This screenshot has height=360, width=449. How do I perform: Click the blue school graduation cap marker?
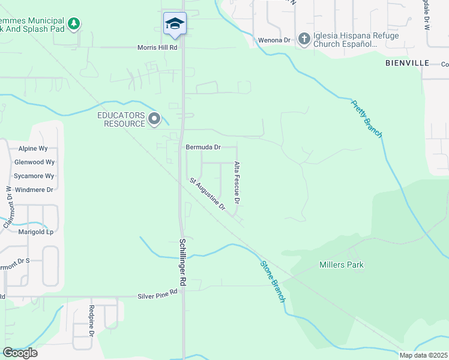coord(175,23)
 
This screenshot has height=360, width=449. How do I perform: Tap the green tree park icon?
coord(74,24)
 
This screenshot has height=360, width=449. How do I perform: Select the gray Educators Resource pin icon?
coord(154,119)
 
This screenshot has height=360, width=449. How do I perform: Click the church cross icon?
coord(304,40)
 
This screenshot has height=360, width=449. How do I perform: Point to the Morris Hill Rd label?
coord(158,47)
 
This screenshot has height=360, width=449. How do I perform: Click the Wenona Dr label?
coord(274,40)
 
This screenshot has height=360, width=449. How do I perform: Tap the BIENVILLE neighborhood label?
coord(407,62)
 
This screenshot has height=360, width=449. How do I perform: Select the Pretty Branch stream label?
coord(366,118)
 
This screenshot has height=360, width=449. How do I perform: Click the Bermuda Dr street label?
coord(203,147)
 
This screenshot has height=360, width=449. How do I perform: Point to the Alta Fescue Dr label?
coord(237,181)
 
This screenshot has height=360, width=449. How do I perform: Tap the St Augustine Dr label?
coord(207,194)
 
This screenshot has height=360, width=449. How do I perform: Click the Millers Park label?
coord(342,265)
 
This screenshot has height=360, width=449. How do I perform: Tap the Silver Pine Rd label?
coord(158,293)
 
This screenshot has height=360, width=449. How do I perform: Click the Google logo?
coord(20,352)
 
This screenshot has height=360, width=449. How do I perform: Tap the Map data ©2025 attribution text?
coord(423,355)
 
